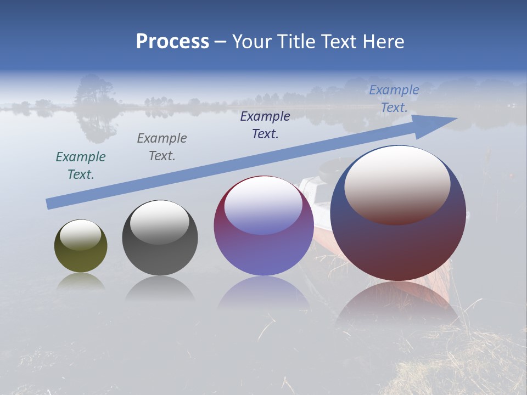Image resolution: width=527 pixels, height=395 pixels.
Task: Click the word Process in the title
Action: (172, 42)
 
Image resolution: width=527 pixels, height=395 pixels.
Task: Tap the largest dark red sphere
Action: (398, 247)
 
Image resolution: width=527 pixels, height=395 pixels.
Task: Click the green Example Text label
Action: (81, 166)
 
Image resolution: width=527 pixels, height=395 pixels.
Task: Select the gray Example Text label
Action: (162, 147)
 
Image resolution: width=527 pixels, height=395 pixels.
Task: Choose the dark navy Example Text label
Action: (265, 125)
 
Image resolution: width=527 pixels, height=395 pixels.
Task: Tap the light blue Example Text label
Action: (394, 99)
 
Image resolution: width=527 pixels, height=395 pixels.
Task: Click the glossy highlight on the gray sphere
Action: (160, 222)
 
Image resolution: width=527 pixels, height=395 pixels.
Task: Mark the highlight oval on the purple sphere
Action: (263, 206)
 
